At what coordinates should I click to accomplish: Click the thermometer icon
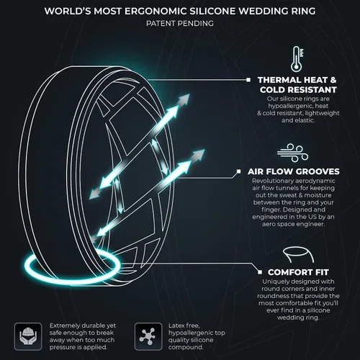297,59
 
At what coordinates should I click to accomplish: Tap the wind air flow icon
293,153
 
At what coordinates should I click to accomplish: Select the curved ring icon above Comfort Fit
298,254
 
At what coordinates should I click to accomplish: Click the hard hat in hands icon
28,336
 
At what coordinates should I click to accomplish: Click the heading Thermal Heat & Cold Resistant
297,85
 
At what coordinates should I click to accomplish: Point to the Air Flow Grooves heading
294,171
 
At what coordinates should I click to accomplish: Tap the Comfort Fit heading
298,272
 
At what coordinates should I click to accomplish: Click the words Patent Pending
180,24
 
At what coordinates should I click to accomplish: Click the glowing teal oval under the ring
72,266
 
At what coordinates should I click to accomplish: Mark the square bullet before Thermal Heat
248,80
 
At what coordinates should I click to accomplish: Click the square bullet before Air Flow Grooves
238,171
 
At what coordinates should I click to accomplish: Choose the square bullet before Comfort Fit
260,272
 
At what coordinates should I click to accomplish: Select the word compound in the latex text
186,347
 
